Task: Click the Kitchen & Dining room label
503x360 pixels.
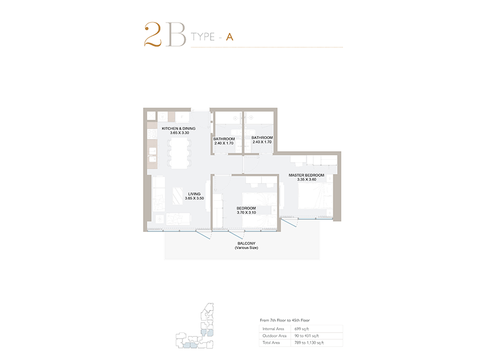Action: (178, 129)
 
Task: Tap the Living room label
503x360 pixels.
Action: (194, 194)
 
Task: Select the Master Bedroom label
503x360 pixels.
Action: (306, 175)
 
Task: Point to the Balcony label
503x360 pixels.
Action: (246, 243)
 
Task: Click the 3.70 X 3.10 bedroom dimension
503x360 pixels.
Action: (246, 212)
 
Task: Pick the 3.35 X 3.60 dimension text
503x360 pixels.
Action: (307, 179)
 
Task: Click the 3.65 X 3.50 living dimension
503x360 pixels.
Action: (194, 198)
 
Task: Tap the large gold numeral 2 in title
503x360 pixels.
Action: (153, 34)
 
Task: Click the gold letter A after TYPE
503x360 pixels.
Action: (229, 37)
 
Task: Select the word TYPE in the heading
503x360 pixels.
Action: (203, 37)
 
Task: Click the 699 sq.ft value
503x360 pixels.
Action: (302, 329)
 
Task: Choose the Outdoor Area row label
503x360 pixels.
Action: (274, 336)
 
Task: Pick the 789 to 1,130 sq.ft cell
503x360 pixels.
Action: (309, 342)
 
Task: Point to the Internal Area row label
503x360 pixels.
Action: (273, 329)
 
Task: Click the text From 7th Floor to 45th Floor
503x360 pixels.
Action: (285, 320)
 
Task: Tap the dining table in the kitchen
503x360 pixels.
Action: (179, 153)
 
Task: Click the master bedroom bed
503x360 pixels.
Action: (316, 196)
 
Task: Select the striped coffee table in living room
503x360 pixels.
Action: (178, 196)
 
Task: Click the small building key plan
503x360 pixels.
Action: (195, 326)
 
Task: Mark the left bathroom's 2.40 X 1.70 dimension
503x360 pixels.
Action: (224, 143)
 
